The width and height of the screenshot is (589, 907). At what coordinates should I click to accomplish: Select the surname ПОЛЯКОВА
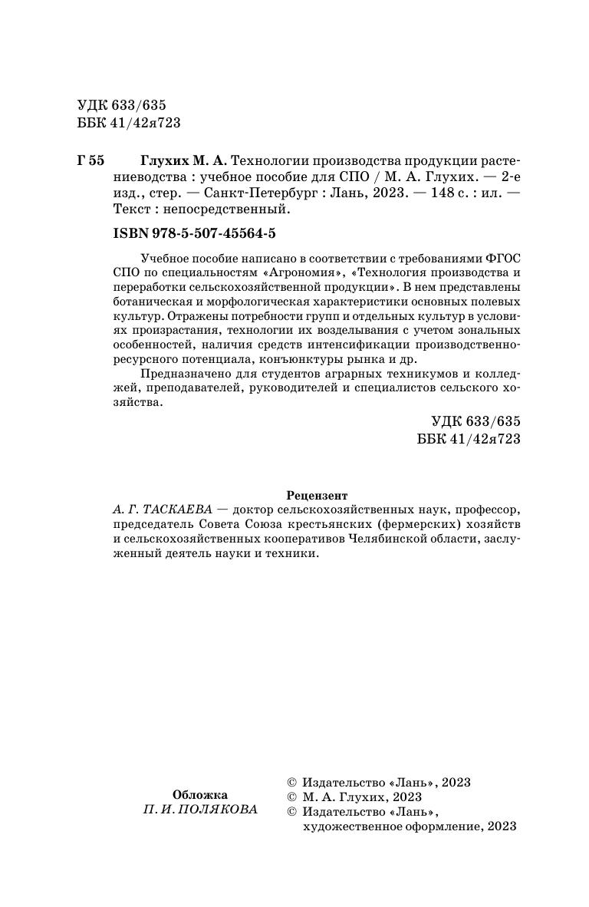(217, 810)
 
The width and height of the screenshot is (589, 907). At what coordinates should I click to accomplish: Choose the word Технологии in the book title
(267, 161)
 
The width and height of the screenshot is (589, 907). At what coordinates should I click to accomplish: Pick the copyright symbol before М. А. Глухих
(291, 797)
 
